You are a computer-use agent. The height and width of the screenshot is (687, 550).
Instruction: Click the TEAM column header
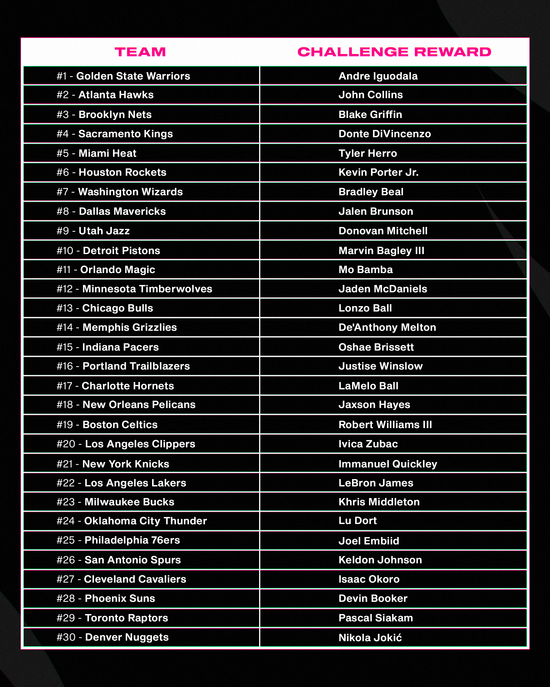tap(140, 52)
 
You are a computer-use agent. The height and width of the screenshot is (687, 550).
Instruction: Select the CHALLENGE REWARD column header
tap(394, 52)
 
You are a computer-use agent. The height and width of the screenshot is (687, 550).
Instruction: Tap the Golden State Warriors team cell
tap(123, 76)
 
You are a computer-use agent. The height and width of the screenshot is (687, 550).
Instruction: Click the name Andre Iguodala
tap(378, 76)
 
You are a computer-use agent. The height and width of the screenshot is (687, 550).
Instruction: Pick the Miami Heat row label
tap(97, 153)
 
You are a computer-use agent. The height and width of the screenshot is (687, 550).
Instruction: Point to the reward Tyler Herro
tap(368, 153)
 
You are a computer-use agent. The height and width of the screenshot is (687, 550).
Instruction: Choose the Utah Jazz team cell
tap(93, 231)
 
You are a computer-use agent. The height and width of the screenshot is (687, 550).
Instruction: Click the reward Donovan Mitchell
tap(383, 231)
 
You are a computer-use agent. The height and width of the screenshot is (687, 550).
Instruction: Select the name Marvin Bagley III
tap(381, 250)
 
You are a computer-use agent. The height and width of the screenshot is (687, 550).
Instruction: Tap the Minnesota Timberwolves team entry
tap(134, 289)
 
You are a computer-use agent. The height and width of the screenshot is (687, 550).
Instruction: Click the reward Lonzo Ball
tap(365, 308)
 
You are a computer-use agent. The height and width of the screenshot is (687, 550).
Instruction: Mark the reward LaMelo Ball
tap(368, 386)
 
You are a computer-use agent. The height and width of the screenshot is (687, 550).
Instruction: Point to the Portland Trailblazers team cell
tap(123, 366)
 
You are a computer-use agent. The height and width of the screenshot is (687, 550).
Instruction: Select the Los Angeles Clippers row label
tap(126, 444)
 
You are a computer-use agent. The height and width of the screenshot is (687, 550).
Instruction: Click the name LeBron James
tap(376, 483)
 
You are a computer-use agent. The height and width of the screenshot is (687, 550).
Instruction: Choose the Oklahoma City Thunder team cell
tap(132, 521)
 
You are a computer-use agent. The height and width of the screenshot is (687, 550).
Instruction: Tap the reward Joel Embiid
tap(368, 541)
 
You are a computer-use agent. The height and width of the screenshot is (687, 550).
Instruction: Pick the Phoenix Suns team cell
tap(106, 598)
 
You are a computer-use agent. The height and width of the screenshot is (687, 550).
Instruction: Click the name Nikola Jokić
tap(370, 637)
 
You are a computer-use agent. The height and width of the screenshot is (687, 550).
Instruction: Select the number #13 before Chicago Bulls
tap(65, 308)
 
